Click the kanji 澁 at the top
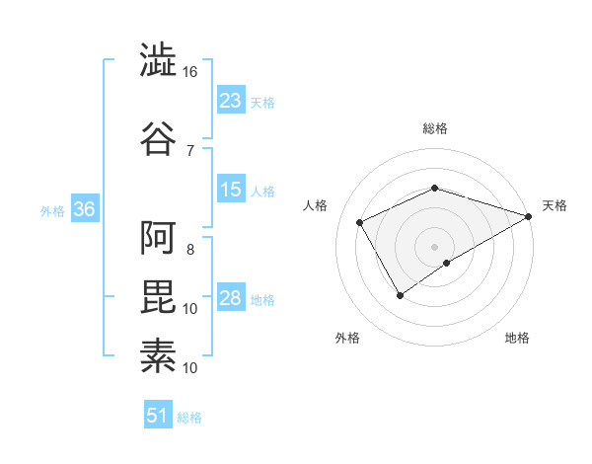[158, 61]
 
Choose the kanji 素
[158, 355]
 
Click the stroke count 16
[190, 72]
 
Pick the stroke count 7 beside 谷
[190, 150]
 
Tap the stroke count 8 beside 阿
[190, 249]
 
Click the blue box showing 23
[231, 100]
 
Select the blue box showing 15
[231, 190]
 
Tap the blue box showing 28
[231, 298]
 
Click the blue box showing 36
[84, 210]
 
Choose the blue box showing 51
[157, 416]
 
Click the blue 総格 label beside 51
[189, 418]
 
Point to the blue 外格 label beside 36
[52, 211]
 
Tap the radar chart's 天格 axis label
[555, 205]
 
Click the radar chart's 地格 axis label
[517, 338]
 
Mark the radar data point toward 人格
[360, 223]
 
